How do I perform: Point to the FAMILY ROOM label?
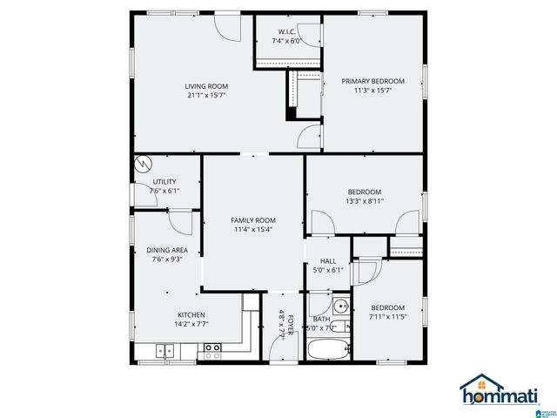(252, 220)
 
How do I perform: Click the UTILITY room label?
(164, 181)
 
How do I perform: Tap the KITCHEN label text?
(191, 314)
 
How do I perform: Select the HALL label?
(328, 260)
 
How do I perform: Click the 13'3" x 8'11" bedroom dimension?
(365, 201)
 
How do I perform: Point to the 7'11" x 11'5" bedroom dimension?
(387, 317)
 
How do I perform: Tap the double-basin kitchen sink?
(164, 351)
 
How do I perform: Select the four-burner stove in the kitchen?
(211, 351)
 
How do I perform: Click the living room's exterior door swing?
(228, 26)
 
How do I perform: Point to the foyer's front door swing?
(278, 347)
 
